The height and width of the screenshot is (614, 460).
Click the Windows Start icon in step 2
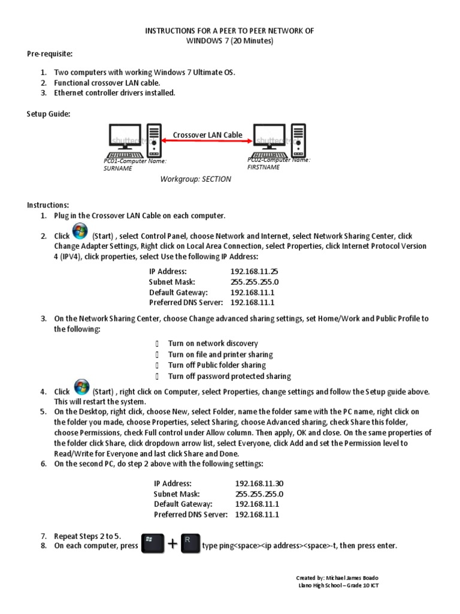click(x=80, y=233)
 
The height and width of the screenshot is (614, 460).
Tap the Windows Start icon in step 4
click(x=80, y=388)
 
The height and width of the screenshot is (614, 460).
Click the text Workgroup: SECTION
click(x=195, y=179)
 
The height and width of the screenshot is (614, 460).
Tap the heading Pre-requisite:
click(x=50, y=54)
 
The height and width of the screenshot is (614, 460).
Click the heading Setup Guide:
click(x=49, y=114)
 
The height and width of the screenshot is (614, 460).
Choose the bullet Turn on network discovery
click(x=213, y=344)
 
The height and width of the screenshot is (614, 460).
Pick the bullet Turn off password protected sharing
click(x=229, y=377)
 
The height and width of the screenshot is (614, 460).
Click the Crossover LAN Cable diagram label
click(x=207, y=135)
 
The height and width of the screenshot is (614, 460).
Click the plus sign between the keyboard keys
click(x=173, y=544)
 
